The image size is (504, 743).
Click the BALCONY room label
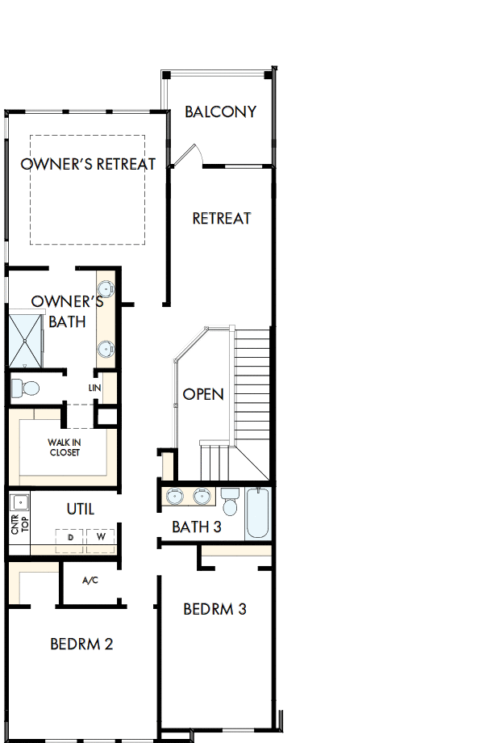[x=220, y=111]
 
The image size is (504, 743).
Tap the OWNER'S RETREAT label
[x=88, y=164]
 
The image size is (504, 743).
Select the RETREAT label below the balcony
[x=222, y=218]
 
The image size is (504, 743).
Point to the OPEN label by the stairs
[x=203, y=394]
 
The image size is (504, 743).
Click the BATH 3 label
[x=197, y=527]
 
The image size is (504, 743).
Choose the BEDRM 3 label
[x=215, y=609]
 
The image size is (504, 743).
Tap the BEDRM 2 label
[x=81, y=644]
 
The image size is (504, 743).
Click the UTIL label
[x=80, y=509]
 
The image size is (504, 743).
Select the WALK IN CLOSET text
[x=65, y=447]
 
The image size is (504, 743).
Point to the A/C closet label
[x=90, y=581]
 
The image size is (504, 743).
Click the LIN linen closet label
[x=95, y=388]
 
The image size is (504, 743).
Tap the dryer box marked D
[x=71, y=537]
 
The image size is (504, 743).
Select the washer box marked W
[x=101, y=537]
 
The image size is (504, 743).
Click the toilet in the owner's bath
[x=26, y=388]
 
